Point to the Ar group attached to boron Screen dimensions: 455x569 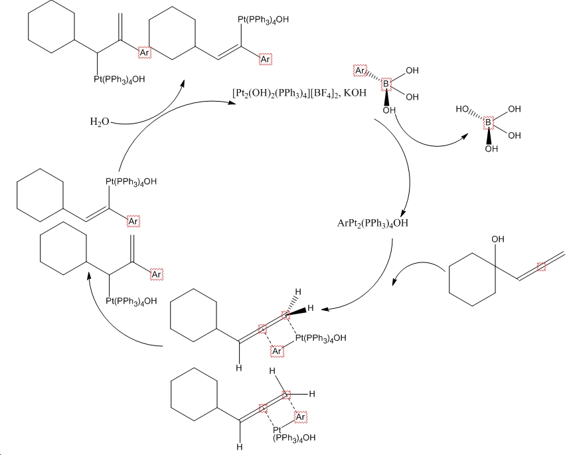click(360, 70)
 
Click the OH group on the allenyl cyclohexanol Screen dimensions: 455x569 click(498, 236)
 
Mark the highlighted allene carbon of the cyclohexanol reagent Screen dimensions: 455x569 click(541, 266)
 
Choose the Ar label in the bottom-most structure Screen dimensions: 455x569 click(299, 416)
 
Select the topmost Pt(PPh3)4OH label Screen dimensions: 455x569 click(264, 19)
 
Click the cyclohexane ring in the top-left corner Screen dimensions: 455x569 click(50, 31)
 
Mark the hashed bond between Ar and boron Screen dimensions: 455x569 click(373, 76)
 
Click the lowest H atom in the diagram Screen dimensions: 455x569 click(240, 447)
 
